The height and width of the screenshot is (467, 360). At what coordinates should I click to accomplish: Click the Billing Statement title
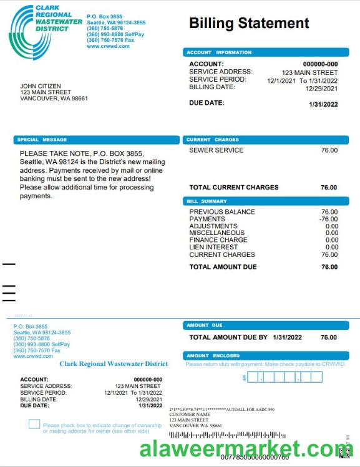pyautogui.click(x=249, y=24)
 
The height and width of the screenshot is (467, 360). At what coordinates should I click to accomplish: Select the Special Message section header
pyautogui.click(x=42, y=140)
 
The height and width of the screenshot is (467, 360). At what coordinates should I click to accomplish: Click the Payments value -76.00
pyautogui.click(x=328, y=219)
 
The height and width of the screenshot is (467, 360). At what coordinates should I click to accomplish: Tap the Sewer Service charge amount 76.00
pyautogui.click(x=329, y=150)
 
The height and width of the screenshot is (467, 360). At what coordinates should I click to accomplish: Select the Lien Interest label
pyautogui.click(x=213, y=247)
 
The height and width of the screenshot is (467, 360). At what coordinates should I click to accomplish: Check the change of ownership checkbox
pyautogui.click(x=34, y=425)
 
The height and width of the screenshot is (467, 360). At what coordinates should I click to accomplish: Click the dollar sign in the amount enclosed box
pyautogui.click(x=245, y=378)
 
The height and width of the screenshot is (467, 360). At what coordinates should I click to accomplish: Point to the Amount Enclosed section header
pyautogui.click(x=213, y=355)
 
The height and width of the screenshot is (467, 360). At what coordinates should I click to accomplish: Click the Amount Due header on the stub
pyautogui.click(x=205, y=325)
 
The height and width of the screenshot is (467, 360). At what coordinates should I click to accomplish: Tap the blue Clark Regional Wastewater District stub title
pyautogui.click(x=114, y=363)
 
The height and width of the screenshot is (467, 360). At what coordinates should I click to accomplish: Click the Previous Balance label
pyautogui.click(x=222, y=212)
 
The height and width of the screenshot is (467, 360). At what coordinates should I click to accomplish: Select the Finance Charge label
pyautogui.click(x=218, y=240)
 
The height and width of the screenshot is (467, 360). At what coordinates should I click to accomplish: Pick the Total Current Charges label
pyautogui.click(x=234, y=188)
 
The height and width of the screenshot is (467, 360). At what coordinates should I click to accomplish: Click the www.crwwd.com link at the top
pyautogui.click(x=109, y=46)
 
